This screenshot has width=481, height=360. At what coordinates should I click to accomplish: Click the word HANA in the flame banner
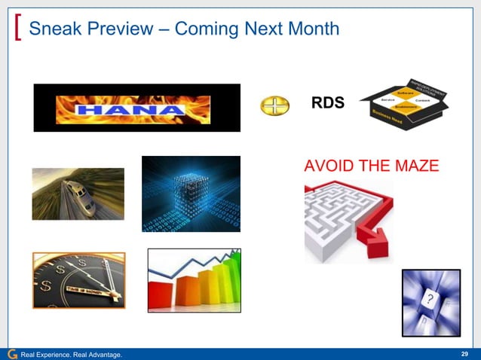pos(136,110)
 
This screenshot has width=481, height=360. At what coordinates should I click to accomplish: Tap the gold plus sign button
pos(274,106)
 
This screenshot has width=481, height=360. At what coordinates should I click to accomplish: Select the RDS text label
pos(328,103)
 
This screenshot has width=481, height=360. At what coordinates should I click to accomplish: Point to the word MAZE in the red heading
pos(411,166)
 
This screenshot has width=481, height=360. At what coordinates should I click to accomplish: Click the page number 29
pos(464,354)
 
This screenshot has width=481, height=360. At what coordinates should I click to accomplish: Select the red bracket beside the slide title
pos(17,29)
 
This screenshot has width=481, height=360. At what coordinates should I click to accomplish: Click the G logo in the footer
pos(11,354)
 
